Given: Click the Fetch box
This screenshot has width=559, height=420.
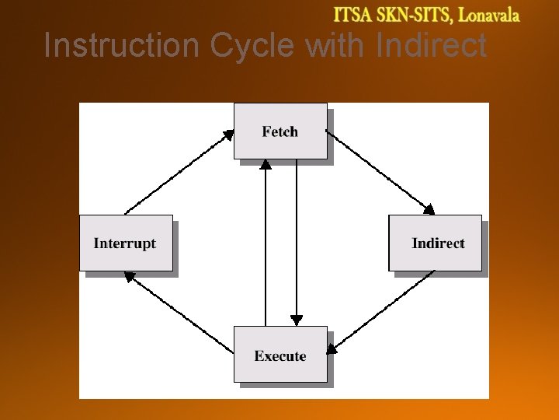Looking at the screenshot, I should coord(280,131).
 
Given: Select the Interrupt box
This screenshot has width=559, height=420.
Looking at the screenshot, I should coord(126,243).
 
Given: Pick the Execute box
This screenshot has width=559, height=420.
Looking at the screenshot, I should coord(280,355).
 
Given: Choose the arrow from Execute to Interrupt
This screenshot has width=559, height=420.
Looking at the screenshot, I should coord(179,313).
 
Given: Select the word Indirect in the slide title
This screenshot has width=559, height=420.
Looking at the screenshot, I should coord(431,45).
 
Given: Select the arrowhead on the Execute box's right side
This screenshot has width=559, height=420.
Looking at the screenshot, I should coord(332,348).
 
